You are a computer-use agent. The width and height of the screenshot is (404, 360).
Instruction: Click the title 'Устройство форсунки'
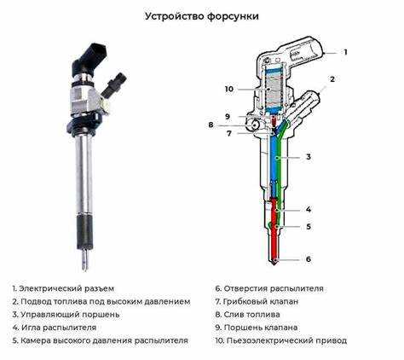[x=201, y=16]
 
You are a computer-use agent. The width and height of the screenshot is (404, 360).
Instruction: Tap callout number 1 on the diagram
[x=345, y=52]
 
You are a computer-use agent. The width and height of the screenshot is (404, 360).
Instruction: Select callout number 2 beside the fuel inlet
[x=332, y=78]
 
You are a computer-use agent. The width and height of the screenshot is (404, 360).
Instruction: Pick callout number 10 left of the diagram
[x=228, y=89]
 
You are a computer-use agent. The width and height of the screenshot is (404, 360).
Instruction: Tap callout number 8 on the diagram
[x=211, y=125]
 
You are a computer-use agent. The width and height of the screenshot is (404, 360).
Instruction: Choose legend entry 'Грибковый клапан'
[x=263, y=301]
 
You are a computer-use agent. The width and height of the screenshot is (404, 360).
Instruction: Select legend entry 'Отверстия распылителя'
[x=272, y=288]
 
